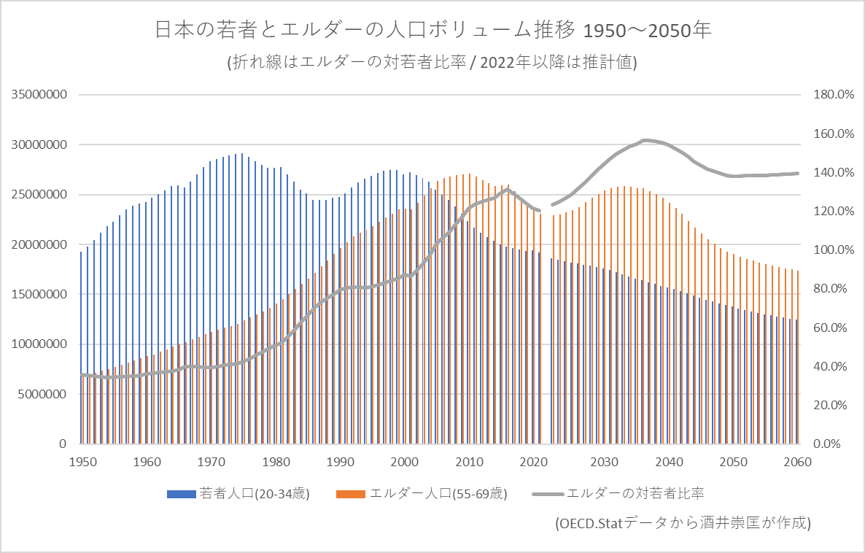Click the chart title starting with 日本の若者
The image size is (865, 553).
[x=432, y=31]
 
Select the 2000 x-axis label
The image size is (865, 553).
[x=404, y=463]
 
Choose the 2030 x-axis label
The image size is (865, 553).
[x=604, y=463]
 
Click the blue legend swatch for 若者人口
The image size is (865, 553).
[x=181, y=494]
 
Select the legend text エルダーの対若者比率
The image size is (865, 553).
[x=635, y=494]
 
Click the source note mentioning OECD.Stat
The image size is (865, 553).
[x=681, y=523]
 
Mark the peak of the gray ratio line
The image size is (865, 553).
[x=645, y=140]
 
